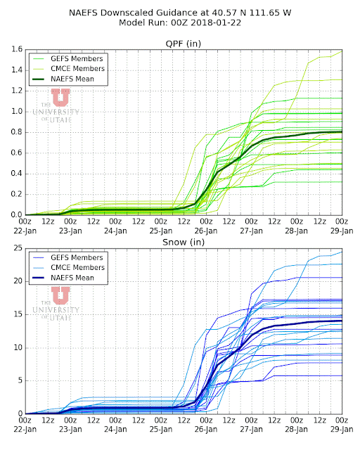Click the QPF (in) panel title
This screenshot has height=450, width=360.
pos(183,44)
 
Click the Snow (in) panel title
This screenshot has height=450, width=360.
pos(184,242)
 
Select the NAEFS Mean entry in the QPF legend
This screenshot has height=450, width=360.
pos(72,79)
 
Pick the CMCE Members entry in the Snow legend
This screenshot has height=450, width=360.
pos(77,267)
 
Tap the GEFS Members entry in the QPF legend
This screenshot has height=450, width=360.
pos(77,58)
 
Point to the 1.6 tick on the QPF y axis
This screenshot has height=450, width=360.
pos(17,49)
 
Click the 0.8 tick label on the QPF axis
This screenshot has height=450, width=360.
pos(17,132)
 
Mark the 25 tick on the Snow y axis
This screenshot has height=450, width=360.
pos(18,248)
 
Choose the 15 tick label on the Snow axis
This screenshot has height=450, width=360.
pos(18,314)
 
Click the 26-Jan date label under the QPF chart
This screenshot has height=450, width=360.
pos(206,231)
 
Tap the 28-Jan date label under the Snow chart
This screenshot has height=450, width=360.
pos(296,430)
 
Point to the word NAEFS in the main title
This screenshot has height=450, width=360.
pos(83,13)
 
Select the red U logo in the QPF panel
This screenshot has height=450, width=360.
pos(60,97)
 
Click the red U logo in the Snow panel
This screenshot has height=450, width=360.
pos(60,295)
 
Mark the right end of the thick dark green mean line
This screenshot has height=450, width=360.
pos(342,132)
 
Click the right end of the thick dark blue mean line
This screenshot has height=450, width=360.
pos(342,321)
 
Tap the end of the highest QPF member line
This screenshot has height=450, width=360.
pos(342,51)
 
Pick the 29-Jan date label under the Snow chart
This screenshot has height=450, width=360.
pos(342,430)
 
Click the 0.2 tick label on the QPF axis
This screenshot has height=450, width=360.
pos(17,194)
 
